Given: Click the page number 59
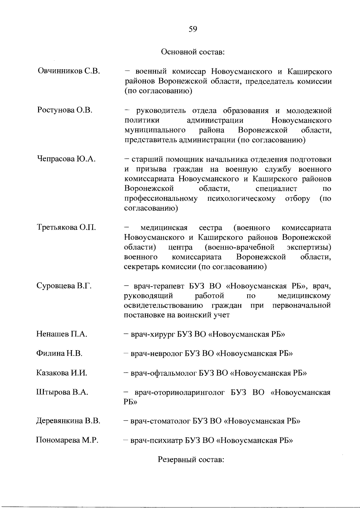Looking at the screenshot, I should pos(193,29).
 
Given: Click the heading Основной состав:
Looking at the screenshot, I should pos(193,52).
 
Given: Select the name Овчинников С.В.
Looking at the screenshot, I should pos(69,71).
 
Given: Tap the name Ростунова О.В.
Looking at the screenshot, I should pos(65,110).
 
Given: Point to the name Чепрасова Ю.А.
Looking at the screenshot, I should pos(67,159).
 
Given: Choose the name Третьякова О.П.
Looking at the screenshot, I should pos(67,227).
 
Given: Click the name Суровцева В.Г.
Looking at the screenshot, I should pos(64,286).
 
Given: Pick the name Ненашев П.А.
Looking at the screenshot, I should pos(62,334).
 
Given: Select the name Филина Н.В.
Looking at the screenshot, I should pos(59,353).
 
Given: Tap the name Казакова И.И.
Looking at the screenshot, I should pos(62,373).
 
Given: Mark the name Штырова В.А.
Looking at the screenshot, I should pos(62,392).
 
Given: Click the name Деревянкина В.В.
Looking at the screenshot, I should pos(68,421).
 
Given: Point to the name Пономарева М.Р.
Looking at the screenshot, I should pos(67,440).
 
